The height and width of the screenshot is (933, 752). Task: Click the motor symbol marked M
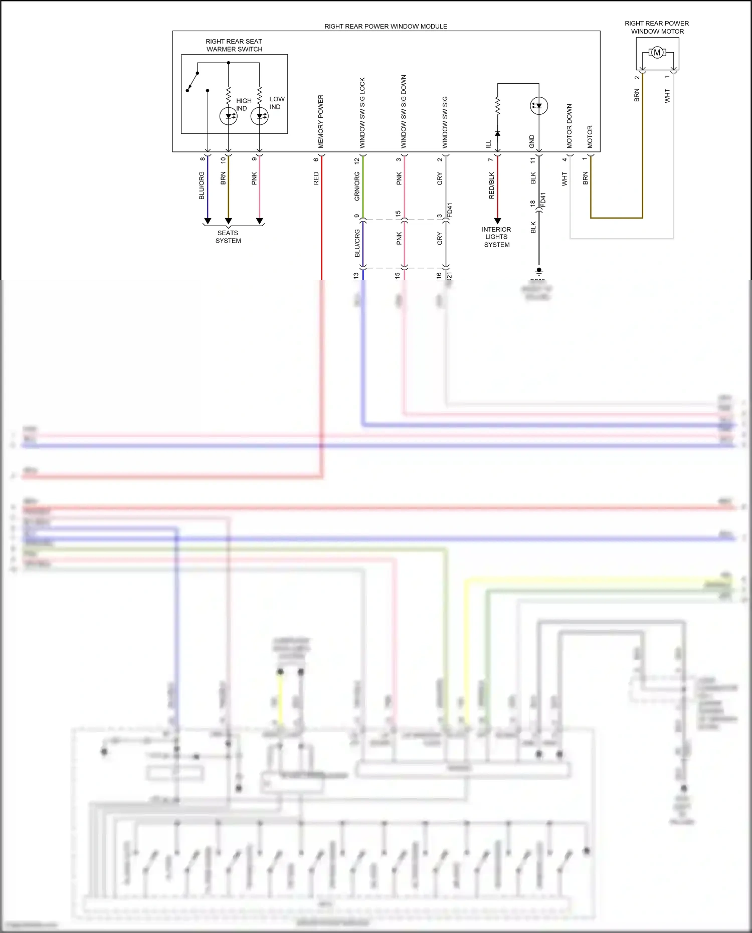click(657, 53)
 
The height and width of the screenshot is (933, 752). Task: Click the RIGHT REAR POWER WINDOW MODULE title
click(386, 27)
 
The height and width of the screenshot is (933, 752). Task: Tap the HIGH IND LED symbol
click(229, 116)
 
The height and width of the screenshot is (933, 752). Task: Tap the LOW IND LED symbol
click(260, 116)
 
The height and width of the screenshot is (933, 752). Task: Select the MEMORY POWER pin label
click(321, 121)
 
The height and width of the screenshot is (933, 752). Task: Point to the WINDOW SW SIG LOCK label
click(362, 113)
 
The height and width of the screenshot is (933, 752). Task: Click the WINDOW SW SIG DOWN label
click(404, 112)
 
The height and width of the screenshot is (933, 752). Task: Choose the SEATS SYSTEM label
click(228, 237)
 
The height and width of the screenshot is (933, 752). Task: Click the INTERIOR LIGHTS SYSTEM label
click(496, 237)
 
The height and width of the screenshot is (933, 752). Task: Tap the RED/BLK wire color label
click(491, 185)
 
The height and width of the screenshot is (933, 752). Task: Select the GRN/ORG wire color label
click(357, 186)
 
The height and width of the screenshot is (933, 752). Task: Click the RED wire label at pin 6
click(316, 178)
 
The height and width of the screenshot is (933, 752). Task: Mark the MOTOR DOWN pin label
click(569, 126)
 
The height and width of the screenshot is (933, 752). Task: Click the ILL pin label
click(489, 144)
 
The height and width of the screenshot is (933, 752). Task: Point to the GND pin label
click(532, 141)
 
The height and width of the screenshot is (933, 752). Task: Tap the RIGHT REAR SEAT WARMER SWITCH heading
click(234, 45)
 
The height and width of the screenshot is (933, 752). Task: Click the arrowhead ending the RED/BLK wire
click(497, 221)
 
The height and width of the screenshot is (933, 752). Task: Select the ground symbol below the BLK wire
click(539, 272)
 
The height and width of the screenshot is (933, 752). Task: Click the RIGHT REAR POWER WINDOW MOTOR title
click(657, 28)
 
